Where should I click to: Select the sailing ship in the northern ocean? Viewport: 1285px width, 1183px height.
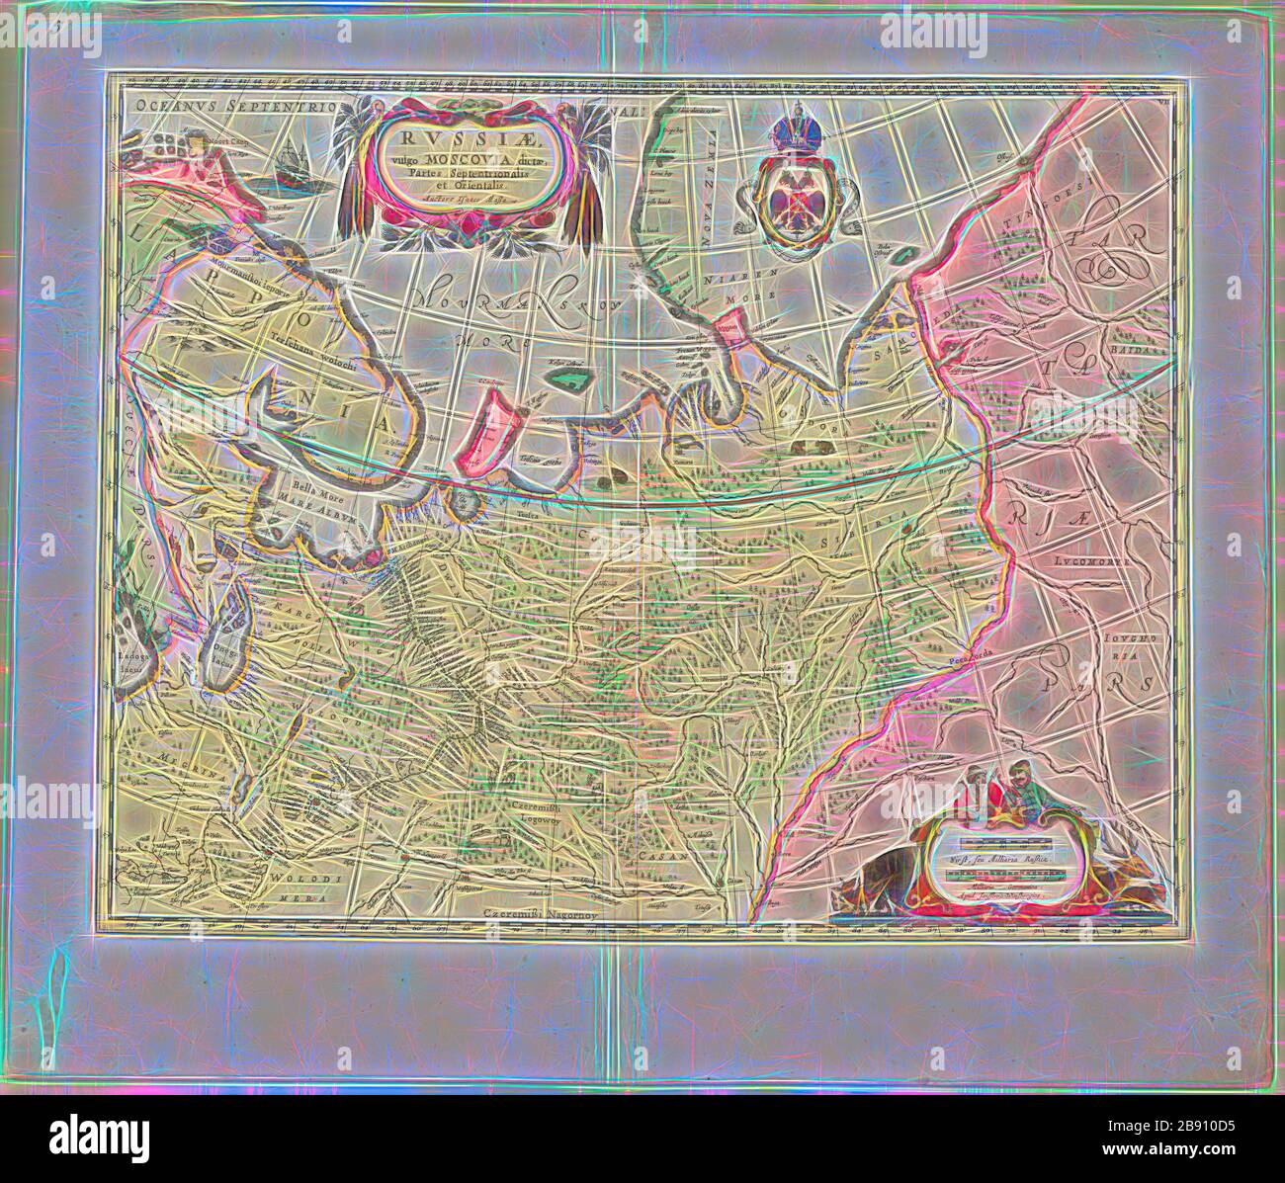(296, 164)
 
